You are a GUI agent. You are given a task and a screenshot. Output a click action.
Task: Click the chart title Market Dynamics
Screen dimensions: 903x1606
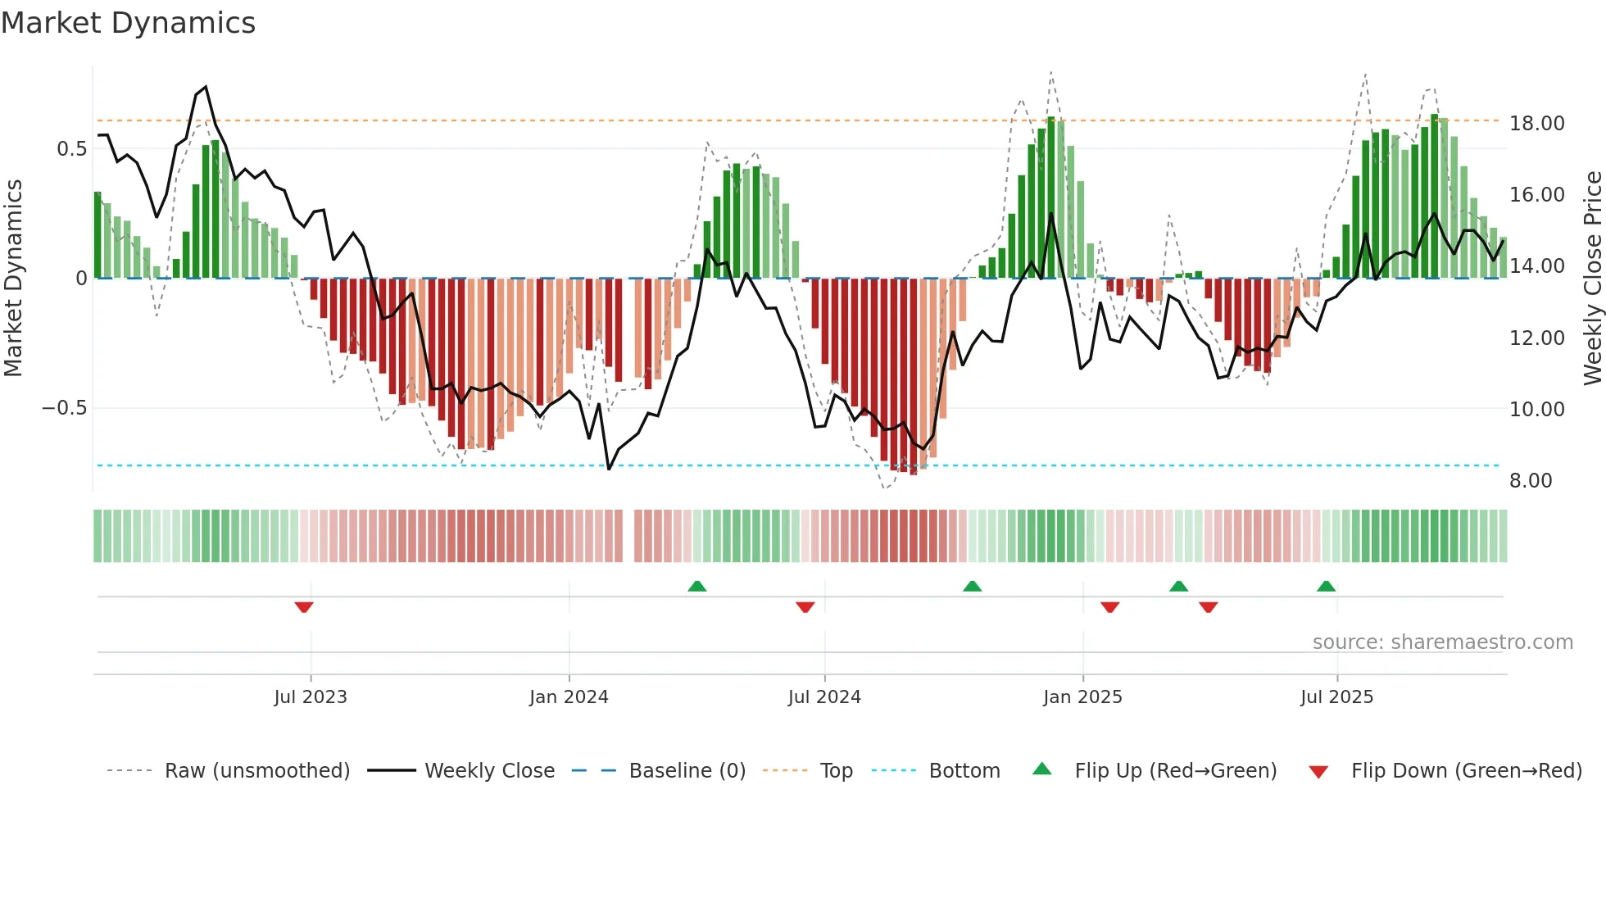point(128,23)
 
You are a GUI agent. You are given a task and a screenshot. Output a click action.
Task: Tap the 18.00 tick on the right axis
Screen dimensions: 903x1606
point(1536,124)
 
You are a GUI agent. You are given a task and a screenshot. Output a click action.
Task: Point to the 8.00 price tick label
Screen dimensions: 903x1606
point(1530,481)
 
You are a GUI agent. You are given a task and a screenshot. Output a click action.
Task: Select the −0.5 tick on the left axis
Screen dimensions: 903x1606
point(64,408)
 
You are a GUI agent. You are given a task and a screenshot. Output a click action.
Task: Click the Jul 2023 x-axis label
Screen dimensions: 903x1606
point(311,697)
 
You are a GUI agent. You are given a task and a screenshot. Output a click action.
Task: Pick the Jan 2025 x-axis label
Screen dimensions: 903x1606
point(1082,697)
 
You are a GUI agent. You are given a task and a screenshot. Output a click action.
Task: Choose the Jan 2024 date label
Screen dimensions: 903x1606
point(569,697)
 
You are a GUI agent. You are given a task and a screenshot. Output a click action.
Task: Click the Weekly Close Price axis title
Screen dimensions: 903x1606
point(1592,279)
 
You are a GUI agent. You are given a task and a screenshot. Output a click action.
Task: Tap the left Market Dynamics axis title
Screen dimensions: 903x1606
point(13,279)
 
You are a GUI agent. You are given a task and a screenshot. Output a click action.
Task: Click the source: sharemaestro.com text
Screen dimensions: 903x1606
point(1442,642)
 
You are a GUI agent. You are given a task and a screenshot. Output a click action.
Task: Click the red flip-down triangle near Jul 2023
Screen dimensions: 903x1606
point(304,606)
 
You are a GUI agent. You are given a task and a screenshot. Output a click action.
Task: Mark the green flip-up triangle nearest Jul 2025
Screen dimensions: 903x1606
point(1326,586)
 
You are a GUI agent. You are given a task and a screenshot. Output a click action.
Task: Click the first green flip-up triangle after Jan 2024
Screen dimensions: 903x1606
point(696,586)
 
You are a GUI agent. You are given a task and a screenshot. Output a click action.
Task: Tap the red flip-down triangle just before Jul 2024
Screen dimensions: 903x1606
point(805,606)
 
